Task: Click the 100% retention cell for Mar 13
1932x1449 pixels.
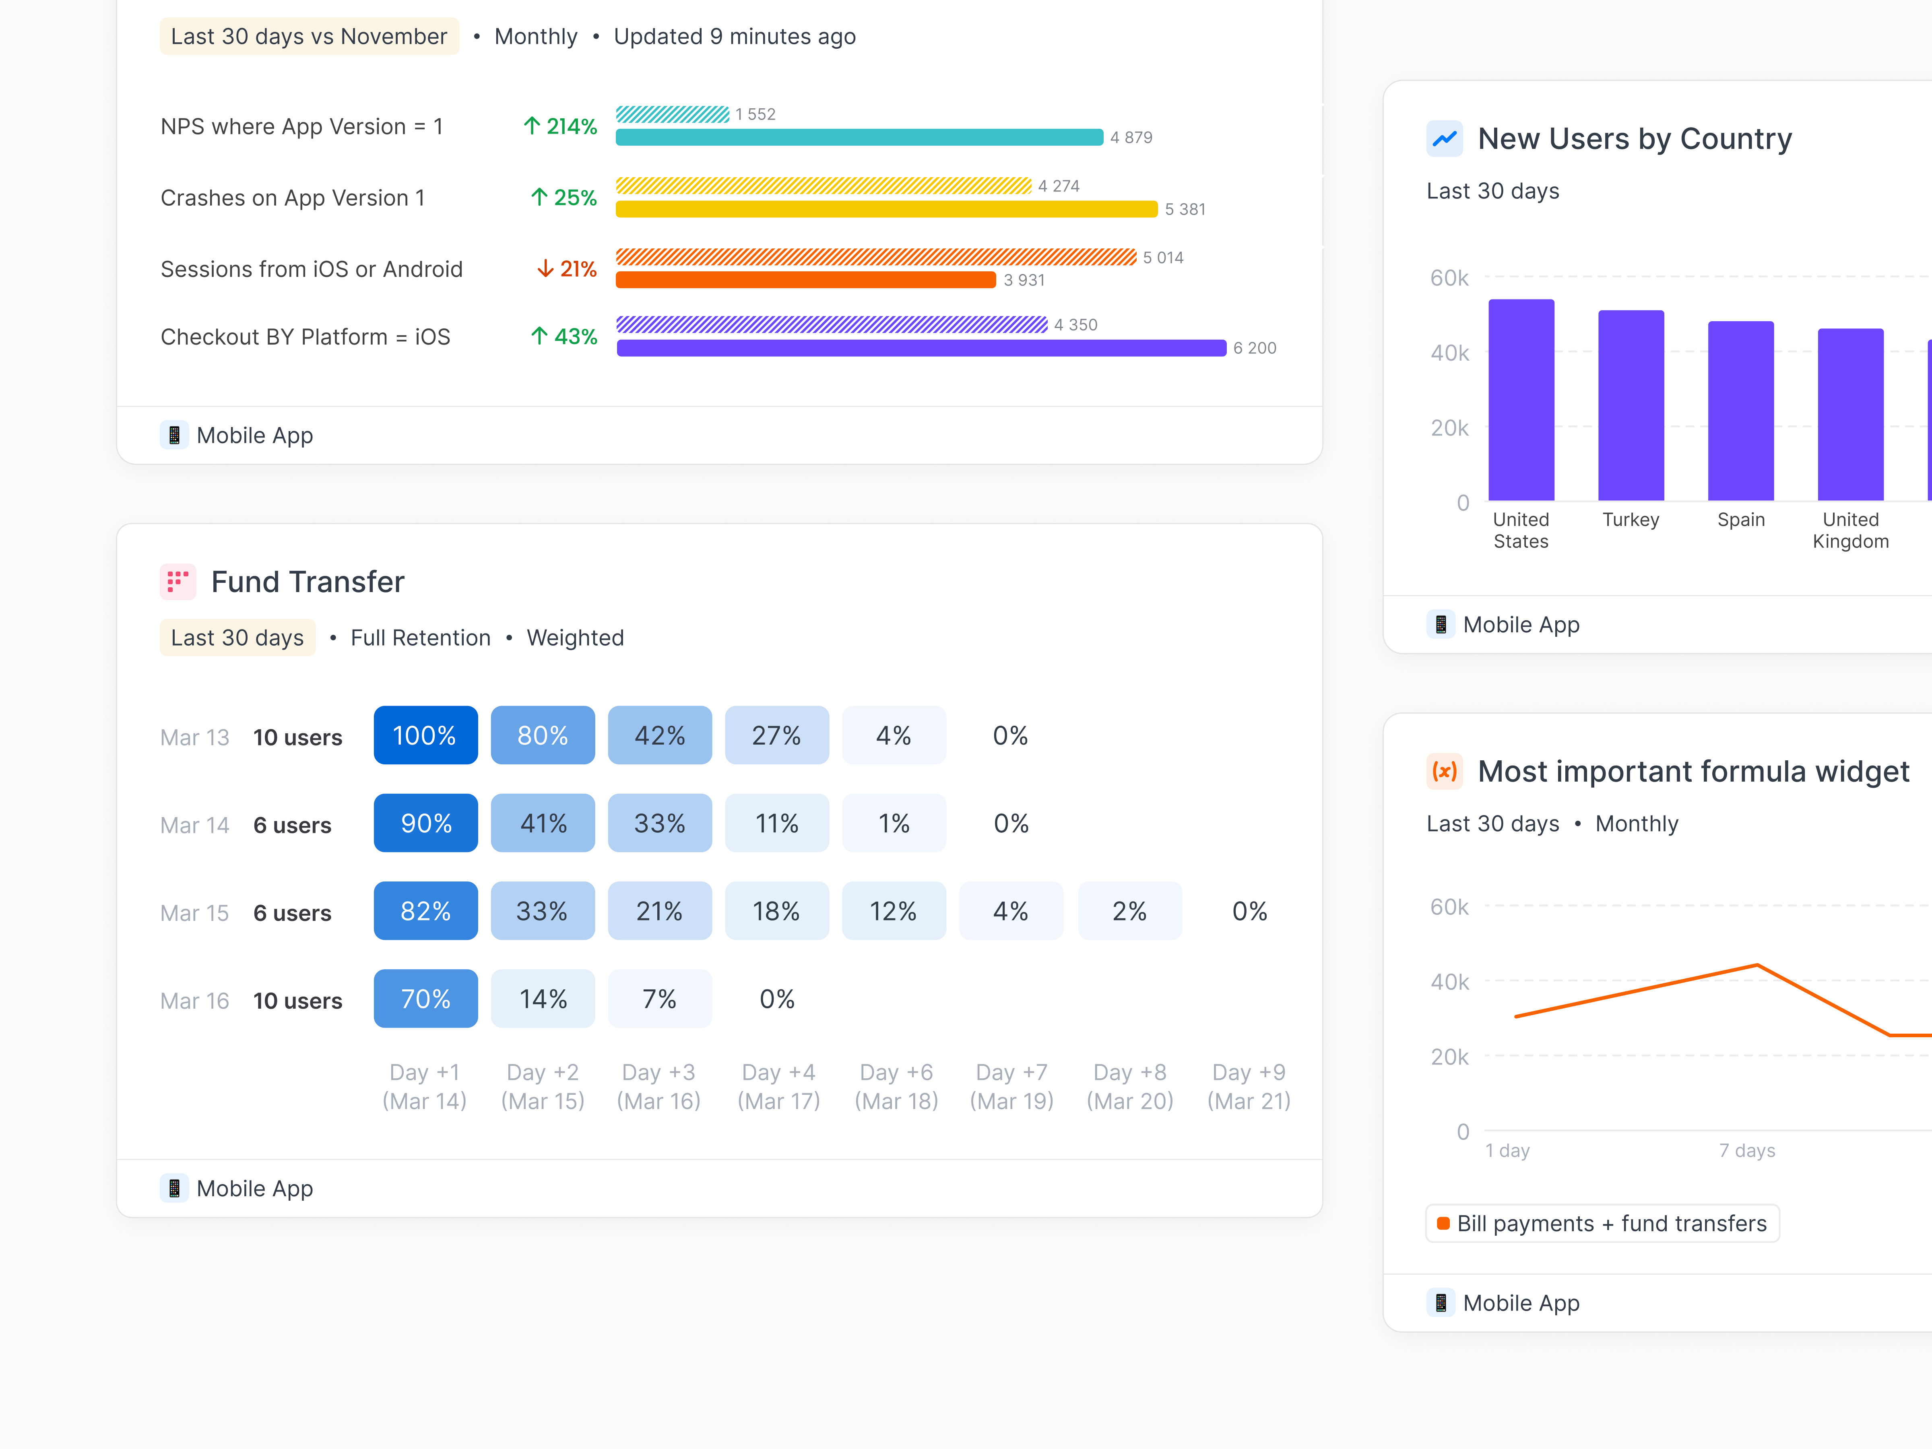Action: (x=425, y=735)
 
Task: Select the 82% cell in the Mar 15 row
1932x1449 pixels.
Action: (x=425, y=911)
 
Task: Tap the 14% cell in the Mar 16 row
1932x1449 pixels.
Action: (x=543, y=998)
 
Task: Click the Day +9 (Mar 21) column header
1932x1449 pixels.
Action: (x=1248, y=1086)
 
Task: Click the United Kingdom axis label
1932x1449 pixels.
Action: (x=1850, y=530)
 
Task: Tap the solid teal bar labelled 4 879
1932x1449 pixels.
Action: (x=859, y=137)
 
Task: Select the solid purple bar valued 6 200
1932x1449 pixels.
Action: (x=921, y=348)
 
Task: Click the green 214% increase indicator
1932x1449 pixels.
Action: (x=560, y=127)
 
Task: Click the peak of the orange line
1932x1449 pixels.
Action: (x=1757, y=965)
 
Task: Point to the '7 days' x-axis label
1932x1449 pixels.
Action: (x=1747, y=1150)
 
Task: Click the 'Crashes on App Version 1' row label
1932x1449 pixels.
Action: (x=293, y=198)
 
